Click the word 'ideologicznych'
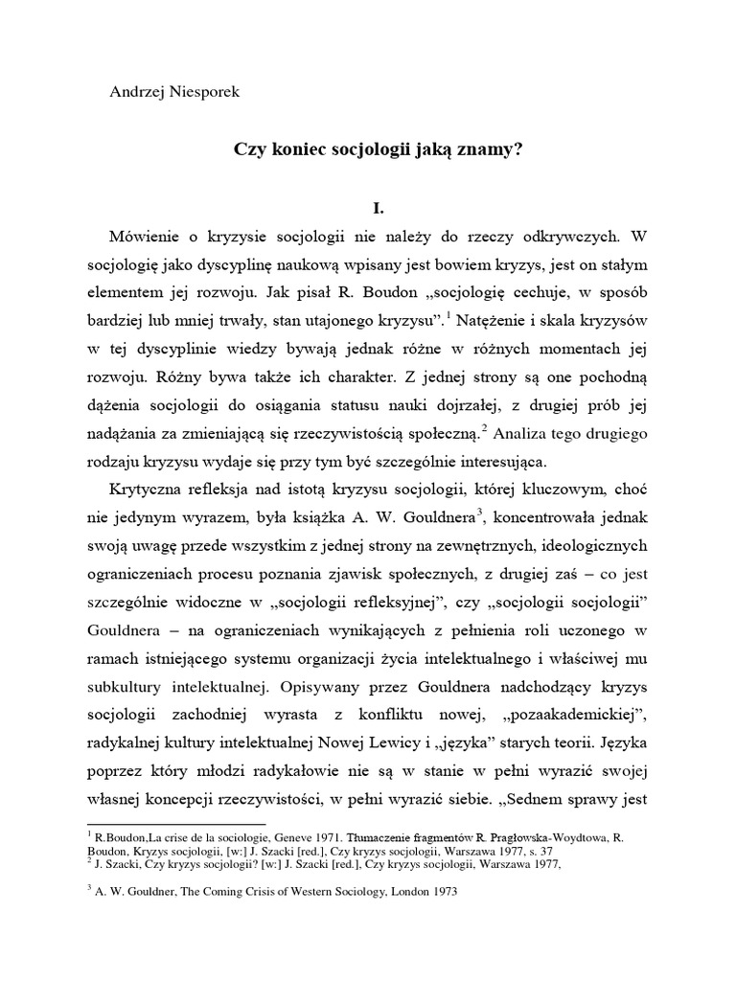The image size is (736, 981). [x=589, y=546]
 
